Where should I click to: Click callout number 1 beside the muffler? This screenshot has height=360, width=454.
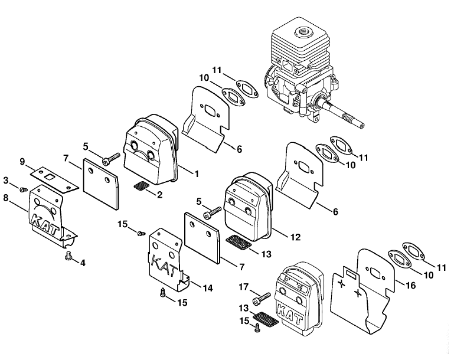(197, 174)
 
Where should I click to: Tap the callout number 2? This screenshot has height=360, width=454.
(159, 195)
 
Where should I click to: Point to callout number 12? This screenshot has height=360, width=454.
(295, 237)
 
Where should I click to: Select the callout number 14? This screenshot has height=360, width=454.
(207, 288)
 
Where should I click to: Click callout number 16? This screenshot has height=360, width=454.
(410, 285)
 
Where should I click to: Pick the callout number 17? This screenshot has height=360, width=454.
(243, 287)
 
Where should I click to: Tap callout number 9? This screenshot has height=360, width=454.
(22, 162)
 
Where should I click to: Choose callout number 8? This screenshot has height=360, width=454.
(5, 198)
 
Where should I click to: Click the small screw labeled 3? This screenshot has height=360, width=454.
(23, 190)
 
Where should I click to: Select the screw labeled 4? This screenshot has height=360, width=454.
(68, 256)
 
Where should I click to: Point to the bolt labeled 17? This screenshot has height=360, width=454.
(262, 299)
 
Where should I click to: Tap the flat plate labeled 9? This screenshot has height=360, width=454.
(55, 179)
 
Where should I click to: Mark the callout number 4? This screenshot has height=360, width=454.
(83, 263)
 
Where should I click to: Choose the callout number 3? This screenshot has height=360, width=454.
(6, 180)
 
